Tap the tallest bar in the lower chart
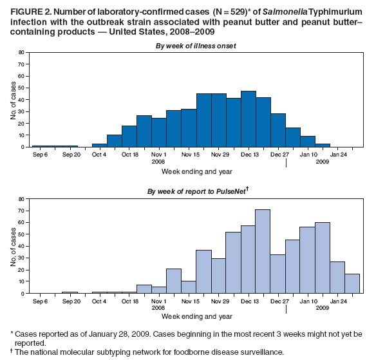pyautogui.click(x=262, y=251)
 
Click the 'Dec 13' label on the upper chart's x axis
pyautogui.click(x=249, y=155)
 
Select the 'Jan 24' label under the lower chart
pyautogui.click(x=339, y=301)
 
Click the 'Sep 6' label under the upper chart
pyautogui.click(x=39, y=155)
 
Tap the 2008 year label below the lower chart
pyautogui.click(x=158, y=308)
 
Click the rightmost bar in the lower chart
pyautogui.click(x=352, y=283)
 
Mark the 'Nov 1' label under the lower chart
pyautogui.click(x=158, y=301)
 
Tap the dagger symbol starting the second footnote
pyautogui.click(x=12, y=352)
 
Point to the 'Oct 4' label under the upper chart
pyautogui.click(x=99, y=155)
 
